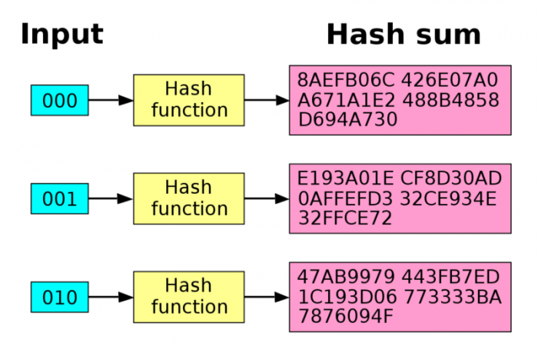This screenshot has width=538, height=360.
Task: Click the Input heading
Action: coord(61,35)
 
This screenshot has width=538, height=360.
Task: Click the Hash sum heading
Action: coord(403,35)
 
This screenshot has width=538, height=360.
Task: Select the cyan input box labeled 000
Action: coord(59,101)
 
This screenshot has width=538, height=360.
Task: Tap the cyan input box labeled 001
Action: coord(59,199)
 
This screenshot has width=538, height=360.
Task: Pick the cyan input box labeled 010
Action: coord(59,298)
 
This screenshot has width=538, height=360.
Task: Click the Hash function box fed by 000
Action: coord(189,100)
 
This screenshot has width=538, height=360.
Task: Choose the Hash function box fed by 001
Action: coord(189,198)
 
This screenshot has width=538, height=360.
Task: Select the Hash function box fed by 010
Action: coord(189,297)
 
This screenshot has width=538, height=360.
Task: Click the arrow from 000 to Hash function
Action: coord(111,101)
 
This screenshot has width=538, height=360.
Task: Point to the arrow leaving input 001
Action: coord(111,199)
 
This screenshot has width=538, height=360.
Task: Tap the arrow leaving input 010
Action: coord(111,298)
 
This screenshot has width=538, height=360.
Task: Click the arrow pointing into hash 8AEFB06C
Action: coord(267,101)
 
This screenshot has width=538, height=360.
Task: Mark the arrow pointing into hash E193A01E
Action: coord(267,199)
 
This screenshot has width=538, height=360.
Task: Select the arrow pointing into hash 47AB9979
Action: coord(267,298)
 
